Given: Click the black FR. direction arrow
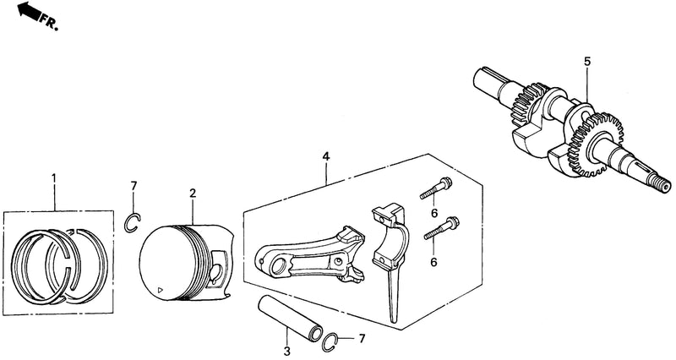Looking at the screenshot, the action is pos(28,10).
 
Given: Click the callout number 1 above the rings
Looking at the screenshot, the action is pos(54,177).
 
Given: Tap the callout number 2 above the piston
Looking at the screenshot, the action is pos(193,194).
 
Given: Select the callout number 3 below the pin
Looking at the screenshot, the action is pos(287,352).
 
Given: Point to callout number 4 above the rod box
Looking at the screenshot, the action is pos(326,156).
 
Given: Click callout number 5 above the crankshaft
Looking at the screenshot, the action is pos(587,62).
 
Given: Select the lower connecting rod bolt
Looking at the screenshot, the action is pos(441,228).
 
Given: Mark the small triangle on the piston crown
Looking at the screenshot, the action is pos(161,290).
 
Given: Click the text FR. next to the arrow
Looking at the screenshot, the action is pos(49,21).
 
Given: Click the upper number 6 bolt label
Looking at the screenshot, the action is pos(434,213).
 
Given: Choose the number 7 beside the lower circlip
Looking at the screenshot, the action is pos(362,338).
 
